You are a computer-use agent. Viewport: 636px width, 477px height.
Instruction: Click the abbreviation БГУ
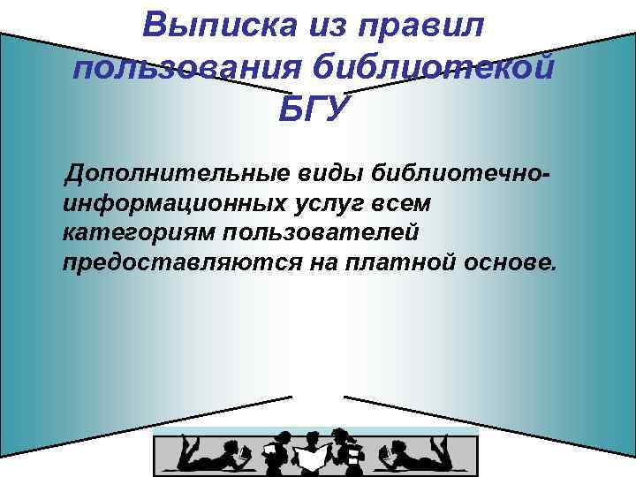point(314,110)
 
